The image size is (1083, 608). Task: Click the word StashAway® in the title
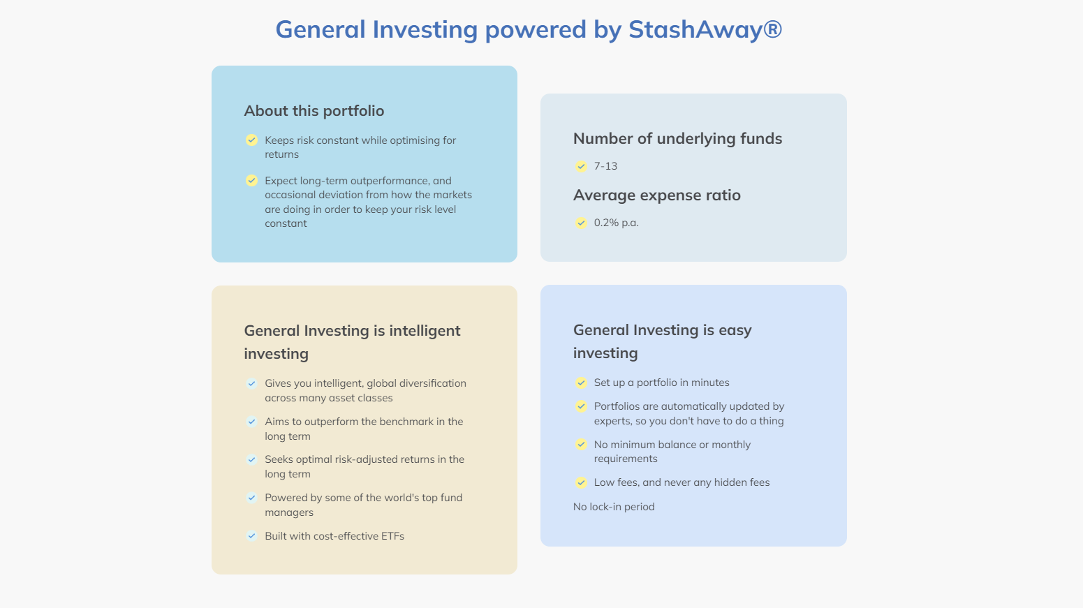705,29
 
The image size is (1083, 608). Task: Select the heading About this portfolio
314,111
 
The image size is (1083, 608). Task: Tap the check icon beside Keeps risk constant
251,140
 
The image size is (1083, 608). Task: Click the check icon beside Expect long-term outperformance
251,181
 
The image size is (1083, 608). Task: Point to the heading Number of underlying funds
677,138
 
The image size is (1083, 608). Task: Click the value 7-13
605,166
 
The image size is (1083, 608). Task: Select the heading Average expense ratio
656,195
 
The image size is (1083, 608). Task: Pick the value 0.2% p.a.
616,223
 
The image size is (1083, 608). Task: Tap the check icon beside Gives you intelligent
251,383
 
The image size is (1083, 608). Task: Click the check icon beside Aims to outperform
251,422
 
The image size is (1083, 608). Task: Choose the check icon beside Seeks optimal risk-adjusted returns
251,459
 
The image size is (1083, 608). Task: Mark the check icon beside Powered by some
251,498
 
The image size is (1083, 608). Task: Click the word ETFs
393,536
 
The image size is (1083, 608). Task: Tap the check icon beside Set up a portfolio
581,383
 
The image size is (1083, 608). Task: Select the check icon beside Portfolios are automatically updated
581,406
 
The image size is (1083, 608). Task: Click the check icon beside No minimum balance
581,445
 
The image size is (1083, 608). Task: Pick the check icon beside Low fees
581,482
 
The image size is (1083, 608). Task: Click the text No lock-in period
614,507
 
